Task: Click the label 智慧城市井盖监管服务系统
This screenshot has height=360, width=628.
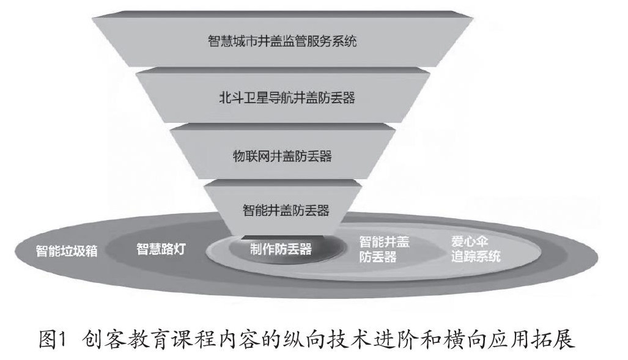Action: click(x=282, y=42)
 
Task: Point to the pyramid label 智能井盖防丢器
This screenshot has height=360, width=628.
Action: click(x=286, y=211)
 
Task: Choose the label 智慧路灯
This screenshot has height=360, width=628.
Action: click(x=160, y=249)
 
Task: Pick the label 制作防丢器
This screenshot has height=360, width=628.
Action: click(x=281, y=249)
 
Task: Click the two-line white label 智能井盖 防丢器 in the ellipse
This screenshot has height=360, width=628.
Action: click(x=385, y=249)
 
